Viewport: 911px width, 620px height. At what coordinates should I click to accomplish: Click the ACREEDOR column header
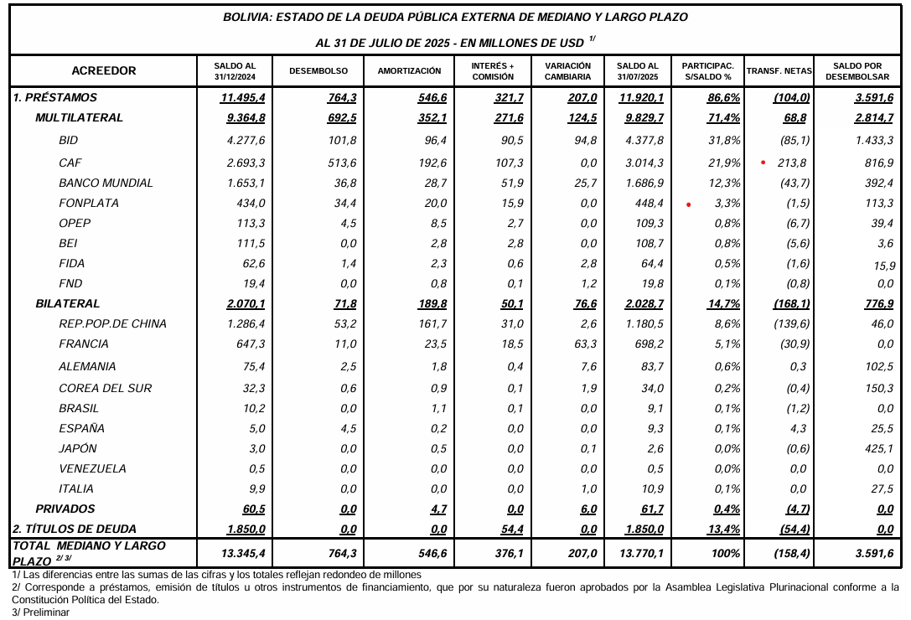[x=104, y=71]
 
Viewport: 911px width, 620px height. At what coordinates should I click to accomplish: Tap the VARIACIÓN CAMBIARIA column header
[x=567, y=71]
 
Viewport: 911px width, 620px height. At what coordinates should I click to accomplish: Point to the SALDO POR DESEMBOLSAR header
[x=857, y=71]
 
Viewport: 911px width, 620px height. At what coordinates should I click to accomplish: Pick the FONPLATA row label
[x=89, y=203]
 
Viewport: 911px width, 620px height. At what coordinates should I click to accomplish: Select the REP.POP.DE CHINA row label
[x=113, y=323]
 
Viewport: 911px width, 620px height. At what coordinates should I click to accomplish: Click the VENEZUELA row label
[x=92, y=468]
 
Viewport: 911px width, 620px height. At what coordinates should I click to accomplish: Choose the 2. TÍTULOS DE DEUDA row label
[x=75, y=529]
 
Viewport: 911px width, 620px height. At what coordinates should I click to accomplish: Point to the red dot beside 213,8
[x=763, y=163]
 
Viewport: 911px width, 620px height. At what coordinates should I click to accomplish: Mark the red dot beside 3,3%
[x=688, y=204]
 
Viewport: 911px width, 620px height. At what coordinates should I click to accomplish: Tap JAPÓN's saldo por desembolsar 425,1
[x=877, y=448]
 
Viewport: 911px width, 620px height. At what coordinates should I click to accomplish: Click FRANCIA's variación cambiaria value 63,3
[x=584, y=344]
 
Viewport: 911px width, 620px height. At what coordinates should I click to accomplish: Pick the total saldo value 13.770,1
[x=641, y=553]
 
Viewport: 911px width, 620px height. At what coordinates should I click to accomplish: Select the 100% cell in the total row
[x=726, y=553]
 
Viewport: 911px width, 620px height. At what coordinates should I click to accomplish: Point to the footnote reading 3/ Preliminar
[x=41, y=612]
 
